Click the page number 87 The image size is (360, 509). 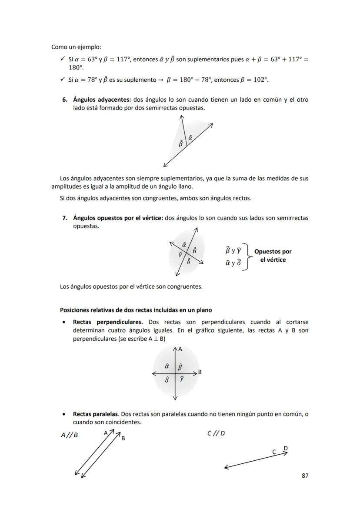[305, 476]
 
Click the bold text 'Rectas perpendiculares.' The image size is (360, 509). [108, 322]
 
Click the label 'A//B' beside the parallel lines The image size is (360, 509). [69, 435]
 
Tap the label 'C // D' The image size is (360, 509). [216, 433]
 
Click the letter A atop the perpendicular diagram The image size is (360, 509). [180, 349]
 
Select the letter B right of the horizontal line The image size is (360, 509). [200, 372]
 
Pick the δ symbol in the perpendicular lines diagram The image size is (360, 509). [167, 379]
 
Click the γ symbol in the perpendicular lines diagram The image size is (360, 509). [182, 379]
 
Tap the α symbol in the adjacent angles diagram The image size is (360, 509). [190, 137]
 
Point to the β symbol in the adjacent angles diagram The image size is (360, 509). [180, 143]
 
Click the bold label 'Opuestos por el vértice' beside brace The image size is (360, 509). [273, 256]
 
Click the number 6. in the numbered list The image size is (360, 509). [64, 100]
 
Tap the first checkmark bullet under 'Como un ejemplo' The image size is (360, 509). [63, 59]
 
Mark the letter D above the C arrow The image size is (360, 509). [285, 448]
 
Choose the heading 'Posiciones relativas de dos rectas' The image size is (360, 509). [136, 310]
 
